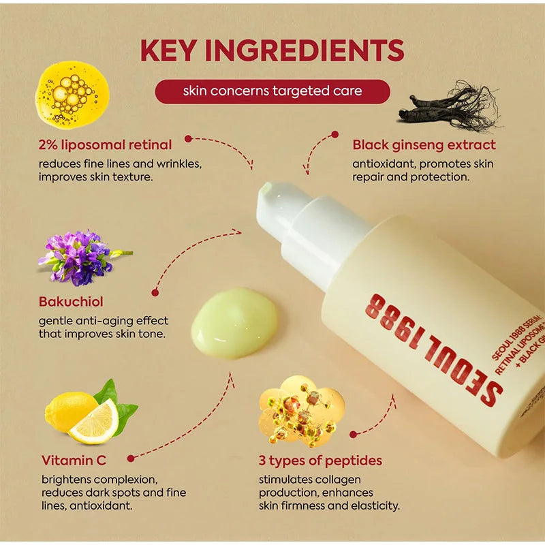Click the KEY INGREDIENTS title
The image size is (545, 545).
[x=272, y=50]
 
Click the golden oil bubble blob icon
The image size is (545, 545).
[x=71, y=93]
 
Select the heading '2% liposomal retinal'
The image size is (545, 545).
[x=105, y=144]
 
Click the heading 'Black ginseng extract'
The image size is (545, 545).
[x=424, y=144]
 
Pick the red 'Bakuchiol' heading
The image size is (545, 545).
[x=72, y=301]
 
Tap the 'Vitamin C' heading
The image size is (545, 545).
[x=74, y=461]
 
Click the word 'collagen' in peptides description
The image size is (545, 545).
[x=337, y=480]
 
